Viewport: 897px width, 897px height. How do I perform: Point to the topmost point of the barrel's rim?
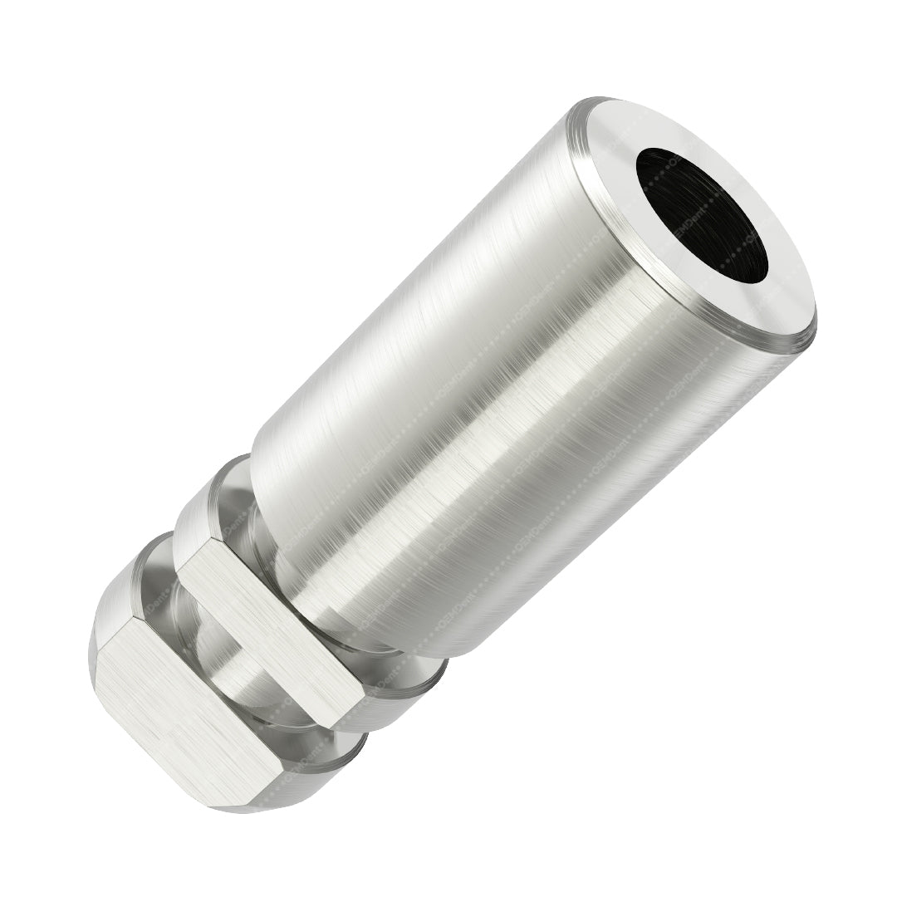pyautogui.click(x=598, y=100)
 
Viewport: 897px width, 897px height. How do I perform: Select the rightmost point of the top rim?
pyautogui.click(x=816, y=336)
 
